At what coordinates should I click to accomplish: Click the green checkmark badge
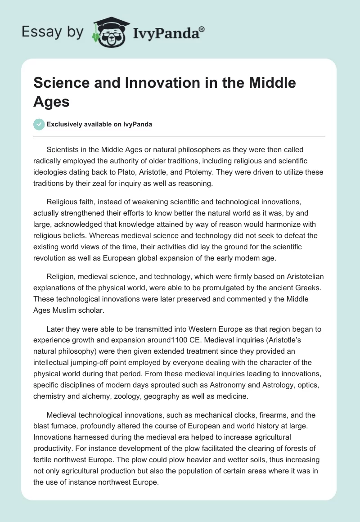click(39, 124)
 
